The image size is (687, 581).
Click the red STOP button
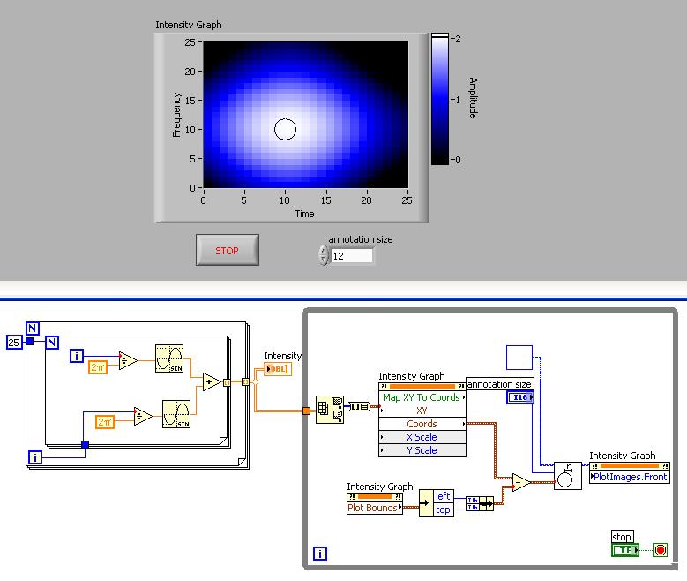click(227, 250)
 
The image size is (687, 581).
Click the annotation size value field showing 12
click(351, 256)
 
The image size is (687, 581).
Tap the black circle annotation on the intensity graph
click(284, 130)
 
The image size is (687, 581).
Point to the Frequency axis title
click(177, 114)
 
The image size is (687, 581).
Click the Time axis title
click(305, 214)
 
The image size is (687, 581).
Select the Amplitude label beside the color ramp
click(473, 98)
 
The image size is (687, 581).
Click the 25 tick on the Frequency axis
click(190, 42)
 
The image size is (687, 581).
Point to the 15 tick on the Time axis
click(325, 200)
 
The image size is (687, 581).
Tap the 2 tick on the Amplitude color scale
click(457, 39)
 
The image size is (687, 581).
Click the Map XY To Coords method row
click(421, 397)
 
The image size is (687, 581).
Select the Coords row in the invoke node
click(422, 424)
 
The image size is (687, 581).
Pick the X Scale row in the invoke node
click(422, 437)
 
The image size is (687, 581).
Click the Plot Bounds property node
click(374, 508)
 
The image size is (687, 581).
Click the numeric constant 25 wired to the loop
click(13, 341)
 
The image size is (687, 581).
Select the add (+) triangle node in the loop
click(211, 381)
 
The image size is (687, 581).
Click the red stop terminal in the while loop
click(660, 550)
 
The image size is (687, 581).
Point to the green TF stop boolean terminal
click(624, 550)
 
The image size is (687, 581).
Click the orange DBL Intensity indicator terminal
click(277, 369)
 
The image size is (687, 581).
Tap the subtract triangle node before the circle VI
click(521, 482)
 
